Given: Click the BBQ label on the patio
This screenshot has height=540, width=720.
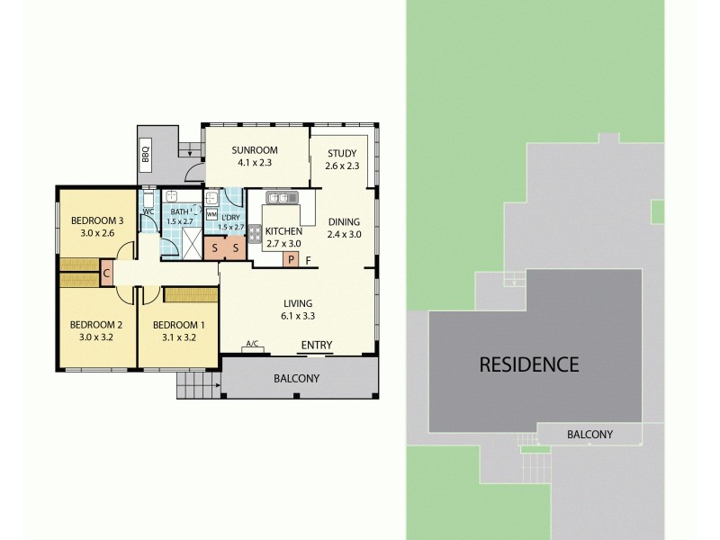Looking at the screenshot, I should [x=146, y=155].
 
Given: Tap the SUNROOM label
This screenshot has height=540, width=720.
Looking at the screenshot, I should [x=254, y=150].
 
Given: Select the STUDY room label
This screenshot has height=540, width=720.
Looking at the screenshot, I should [x=342, y=153].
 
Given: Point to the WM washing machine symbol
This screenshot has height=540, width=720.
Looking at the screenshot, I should [x=211, y=214].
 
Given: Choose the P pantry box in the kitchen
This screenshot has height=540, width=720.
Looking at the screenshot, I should [x=290, y=260].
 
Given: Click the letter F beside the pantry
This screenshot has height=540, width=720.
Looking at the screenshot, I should [x=308, y=261].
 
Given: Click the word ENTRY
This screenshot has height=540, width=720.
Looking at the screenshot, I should [x=316, y=345].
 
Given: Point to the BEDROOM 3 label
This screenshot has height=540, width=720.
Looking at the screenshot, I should [x=96, y=220].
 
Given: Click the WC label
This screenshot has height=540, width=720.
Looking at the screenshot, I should [x=148, y=212].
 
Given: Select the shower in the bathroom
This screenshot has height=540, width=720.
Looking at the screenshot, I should [x=189, y=239].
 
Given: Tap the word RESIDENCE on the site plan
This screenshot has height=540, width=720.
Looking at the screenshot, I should [x=528, y=364].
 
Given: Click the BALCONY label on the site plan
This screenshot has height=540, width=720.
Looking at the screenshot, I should [x=589, y=435].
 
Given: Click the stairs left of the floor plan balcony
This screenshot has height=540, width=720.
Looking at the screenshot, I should [x=197, y=386].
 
